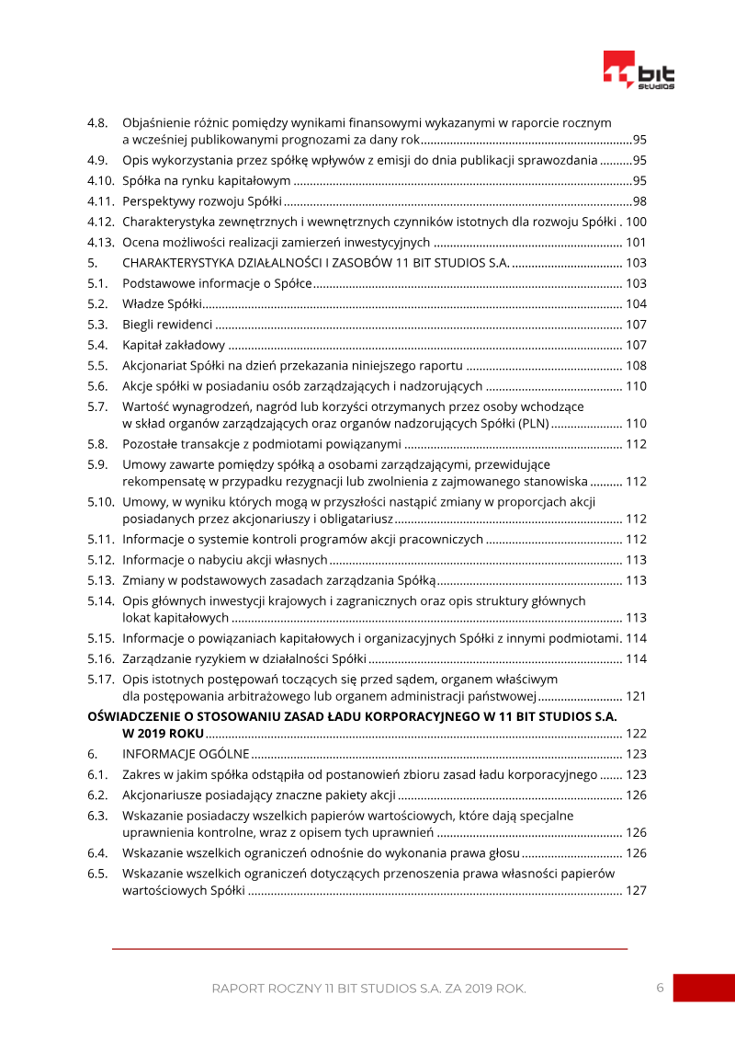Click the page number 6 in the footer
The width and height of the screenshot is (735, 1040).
point(660,988)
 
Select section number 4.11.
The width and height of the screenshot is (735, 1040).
point(100,201)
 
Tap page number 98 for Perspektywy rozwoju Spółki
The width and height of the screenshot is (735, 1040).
point(639,201)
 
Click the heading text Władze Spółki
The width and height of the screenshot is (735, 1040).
point(162,304)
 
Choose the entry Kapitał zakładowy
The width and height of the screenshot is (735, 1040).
point(174,345)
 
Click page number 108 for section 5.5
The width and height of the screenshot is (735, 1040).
point(636,365)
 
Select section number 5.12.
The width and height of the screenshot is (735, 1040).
point(100,559)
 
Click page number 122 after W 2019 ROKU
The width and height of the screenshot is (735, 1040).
point(636,733)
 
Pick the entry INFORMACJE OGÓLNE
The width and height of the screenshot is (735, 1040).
point(186,754)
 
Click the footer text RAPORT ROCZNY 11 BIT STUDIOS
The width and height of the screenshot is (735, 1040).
point(312,989)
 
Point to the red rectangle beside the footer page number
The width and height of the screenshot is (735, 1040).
point(704,988)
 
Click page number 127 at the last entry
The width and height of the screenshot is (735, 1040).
point(636,890)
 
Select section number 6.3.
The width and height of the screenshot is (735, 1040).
point(97,815)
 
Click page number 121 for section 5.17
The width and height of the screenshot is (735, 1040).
point(636,696)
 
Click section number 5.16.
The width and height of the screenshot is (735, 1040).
point(100,658)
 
